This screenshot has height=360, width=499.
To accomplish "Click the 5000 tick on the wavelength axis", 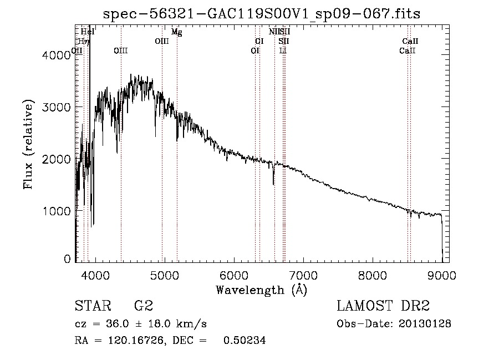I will click(164, 275).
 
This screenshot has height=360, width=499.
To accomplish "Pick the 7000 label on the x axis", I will click(303, 275).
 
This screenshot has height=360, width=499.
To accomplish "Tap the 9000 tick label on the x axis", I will click(442, 275).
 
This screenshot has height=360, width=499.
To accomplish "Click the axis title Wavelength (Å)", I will click(261, 289).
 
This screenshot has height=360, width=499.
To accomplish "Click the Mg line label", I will click(176, 32).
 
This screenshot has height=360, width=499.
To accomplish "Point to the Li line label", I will click(283, 50).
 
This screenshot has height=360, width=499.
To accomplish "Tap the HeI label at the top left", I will click(88, 32).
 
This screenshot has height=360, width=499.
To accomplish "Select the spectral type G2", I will click(144, 306).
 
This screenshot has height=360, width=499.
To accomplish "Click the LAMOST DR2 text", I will click(383, 306).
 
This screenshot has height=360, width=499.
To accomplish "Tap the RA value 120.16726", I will click(136, 341).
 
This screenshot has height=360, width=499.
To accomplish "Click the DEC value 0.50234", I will click(244, 341).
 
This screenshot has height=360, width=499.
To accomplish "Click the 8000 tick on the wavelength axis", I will click(372, 275).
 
